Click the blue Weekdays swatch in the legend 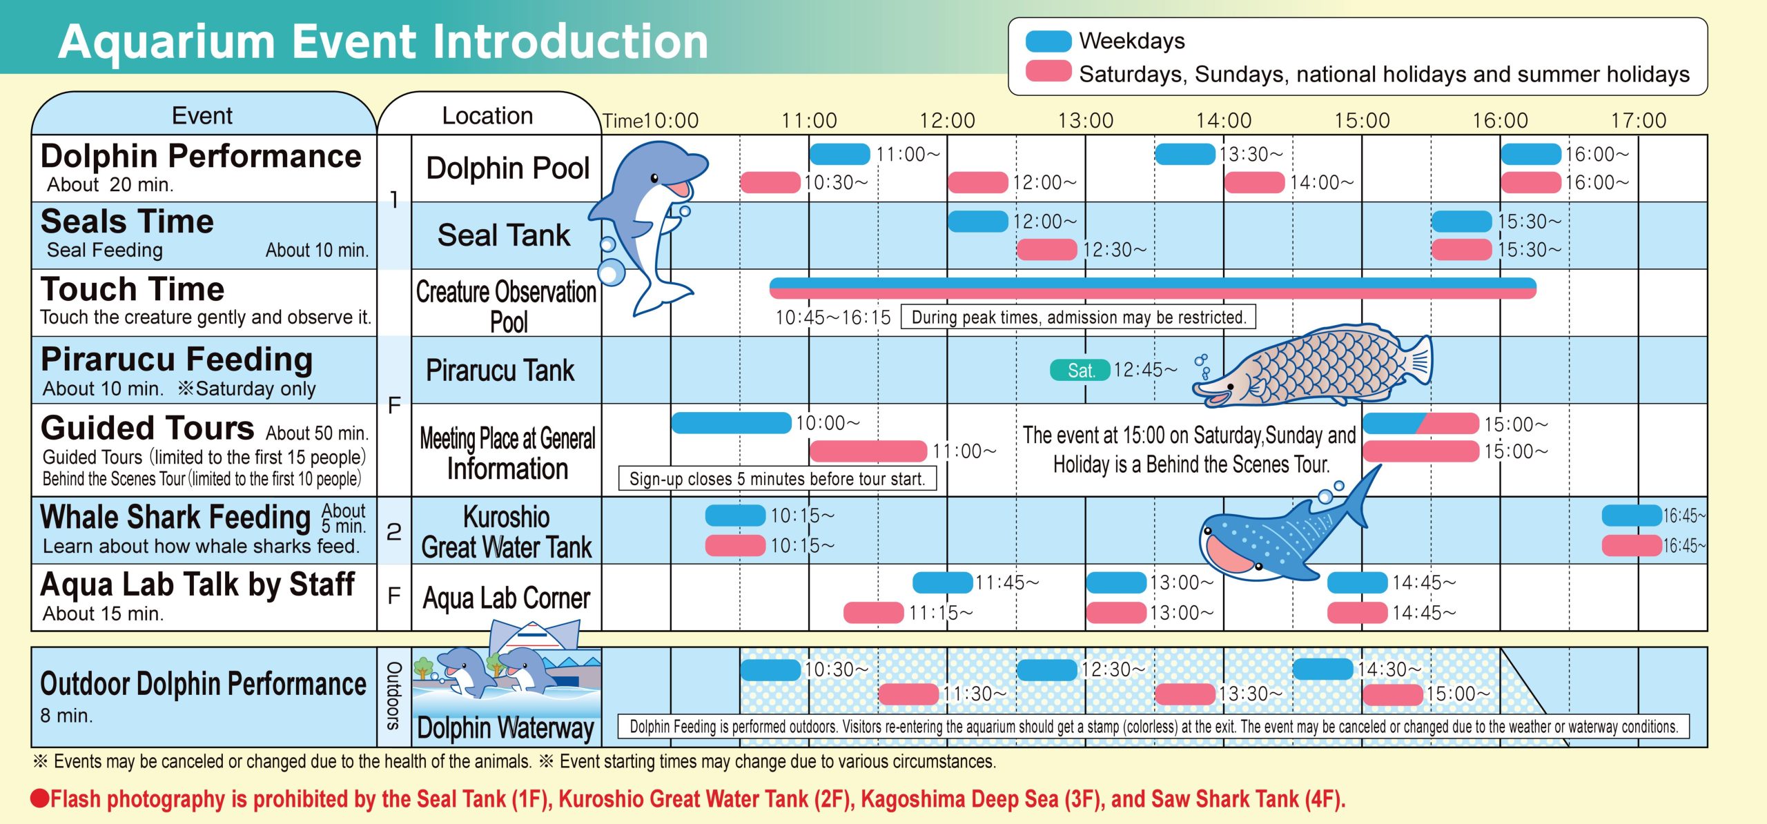[1048, 41]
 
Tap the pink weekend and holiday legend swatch [1048, 71]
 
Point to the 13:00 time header [1086, 121]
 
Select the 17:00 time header [1639, 121]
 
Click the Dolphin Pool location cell [507, 168]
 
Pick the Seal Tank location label [504, 235]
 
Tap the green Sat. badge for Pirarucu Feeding [1080, 371]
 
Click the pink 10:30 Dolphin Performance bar [770, 182]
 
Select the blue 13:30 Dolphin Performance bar [1185, 154]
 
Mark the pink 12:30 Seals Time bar [1047, 249]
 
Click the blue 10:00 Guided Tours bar [731, 423]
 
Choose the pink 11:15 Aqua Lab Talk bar [874, 612]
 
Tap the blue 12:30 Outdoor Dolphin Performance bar [1047, 669]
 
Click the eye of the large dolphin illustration [654, 179]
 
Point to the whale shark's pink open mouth [1230, 552]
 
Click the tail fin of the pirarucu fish [1418, 360]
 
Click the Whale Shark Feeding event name [175, 518]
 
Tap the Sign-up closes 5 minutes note [777, 479]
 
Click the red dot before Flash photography [40, 799]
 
